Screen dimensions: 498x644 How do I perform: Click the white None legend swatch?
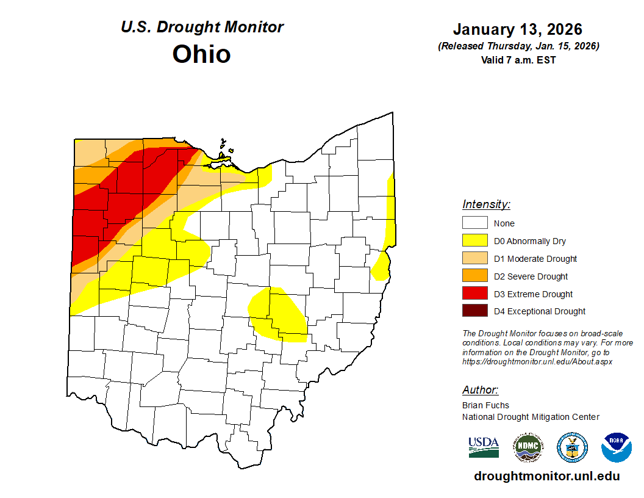pos(474,223)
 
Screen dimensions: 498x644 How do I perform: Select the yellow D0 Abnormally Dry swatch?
pos(474,241)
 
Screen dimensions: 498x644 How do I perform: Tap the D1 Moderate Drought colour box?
pos(474,259)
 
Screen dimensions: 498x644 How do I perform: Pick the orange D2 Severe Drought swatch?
pos(474,276)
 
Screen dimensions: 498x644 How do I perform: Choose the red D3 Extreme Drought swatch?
pos(474,294)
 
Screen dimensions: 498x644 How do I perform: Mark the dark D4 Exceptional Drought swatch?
pos(474,311)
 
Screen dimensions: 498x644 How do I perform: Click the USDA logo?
pos(484,447)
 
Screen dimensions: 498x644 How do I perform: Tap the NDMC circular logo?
pos(528,447)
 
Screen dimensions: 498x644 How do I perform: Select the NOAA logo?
pos(616,447)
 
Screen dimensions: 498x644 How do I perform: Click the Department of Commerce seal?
pos(572,447)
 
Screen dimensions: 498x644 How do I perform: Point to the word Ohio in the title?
pos(201,54)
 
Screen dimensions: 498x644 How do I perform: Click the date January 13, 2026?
pos(518,29)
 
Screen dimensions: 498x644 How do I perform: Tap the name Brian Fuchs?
pos(485,405)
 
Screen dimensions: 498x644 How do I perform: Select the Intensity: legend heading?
pos(486,204)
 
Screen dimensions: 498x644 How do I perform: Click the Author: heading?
pos(480,390)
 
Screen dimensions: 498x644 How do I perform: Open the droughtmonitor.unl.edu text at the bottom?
pos(546,477)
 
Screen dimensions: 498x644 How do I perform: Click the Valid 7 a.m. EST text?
pos(518,60)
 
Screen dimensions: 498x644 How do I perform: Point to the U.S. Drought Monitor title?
pos(202,27)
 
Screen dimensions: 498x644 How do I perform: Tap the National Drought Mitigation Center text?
pos(531,417)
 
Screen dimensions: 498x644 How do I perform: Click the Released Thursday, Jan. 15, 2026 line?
pos(518,46)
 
